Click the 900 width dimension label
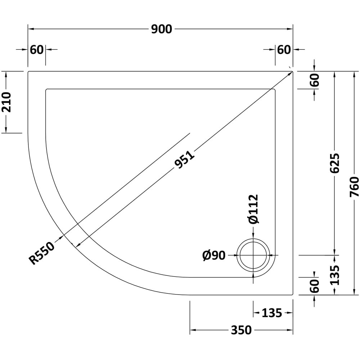pos(161,29)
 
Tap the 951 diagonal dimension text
pos(184,159)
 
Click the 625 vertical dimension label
pos(334,163)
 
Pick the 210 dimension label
pos(6,102)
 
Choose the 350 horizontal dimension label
pos(241,330)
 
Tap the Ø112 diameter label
pos(253,209)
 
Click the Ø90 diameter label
pos(214,255)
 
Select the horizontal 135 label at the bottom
pos(272,313)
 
